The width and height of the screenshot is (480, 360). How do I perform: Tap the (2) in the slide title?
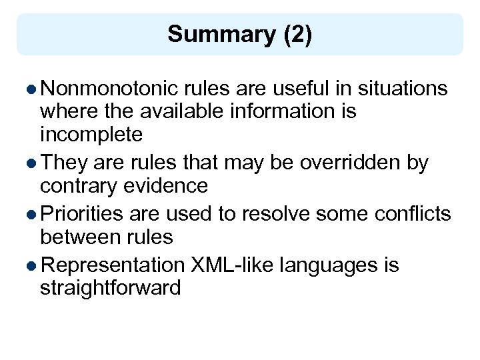point(297,34)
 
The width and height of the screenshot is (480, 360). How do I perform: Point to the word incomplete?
point(91,135)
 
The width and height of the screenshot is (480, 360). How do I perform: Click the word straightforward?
point(110,289)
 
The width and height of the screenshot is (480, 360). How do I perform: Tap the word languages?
point(329,265)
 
